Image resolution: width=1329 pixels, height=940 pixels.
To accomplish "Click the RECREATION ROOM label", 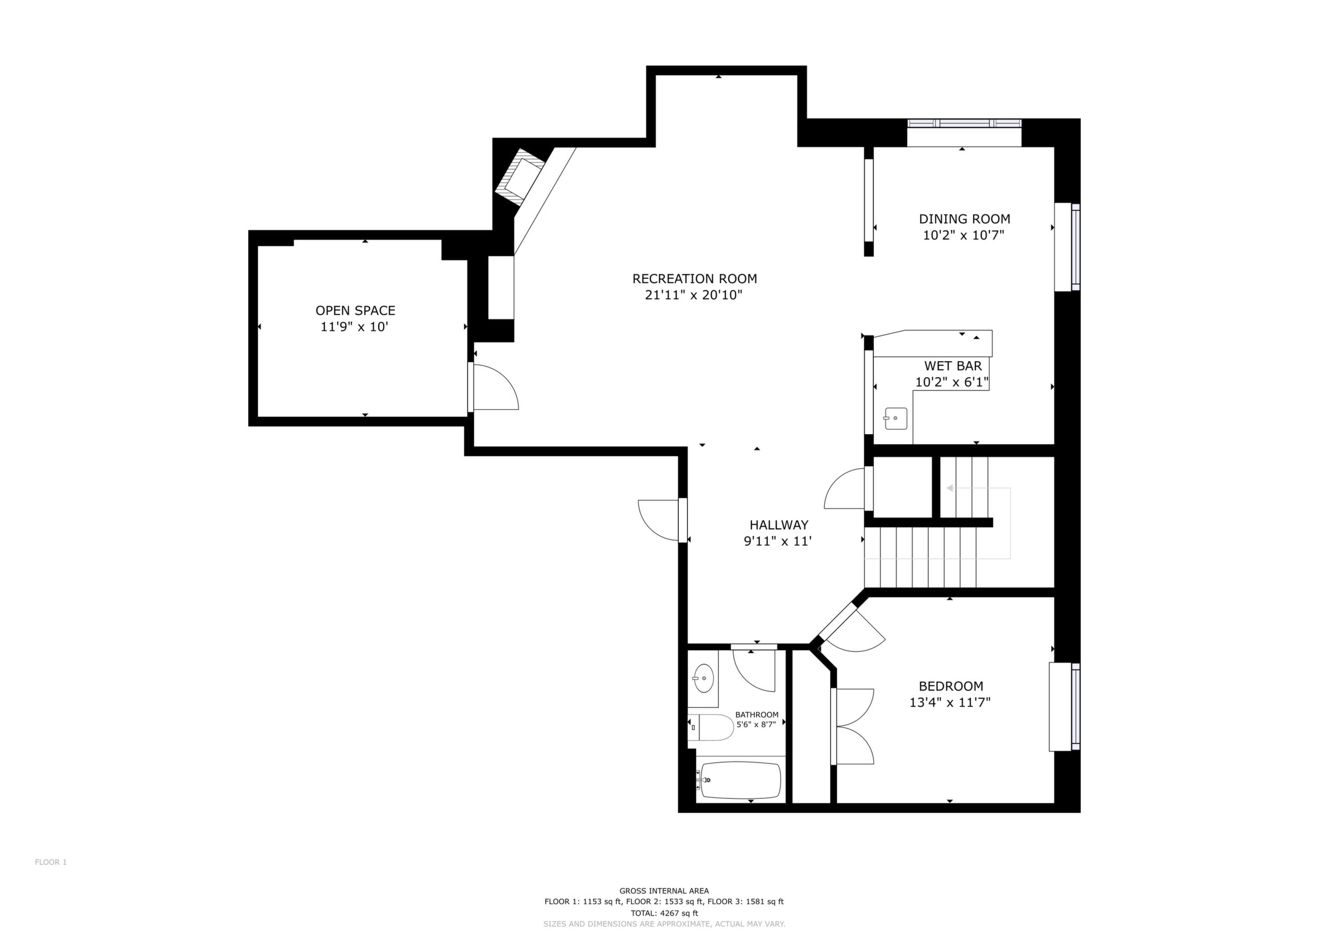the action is coord(695,279).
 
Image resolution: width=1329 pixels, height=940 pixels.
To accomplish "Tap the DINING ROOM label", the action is coord(965,219).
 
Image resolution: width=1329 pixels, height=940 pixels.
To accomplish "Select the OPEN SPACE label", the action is coord(355,311).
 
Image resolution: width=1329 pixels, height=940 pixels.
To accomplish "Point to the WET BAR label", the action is coord(953,366).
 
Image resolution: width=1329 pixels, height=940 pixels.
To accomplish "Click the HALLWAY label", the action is coord(779,525).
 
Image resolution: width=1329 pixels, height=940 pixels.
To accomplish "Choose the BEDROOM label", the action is coord(951,686).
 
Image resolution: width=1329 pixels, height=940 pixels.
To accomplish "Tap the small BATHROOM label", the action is coord(757,715).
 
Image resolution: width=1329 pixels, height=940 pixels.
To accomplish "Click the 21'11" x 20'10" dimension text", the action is coord(694,295).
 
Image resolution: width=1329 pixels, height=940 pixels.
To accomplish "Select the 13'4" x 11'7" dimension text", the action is coord(950,702).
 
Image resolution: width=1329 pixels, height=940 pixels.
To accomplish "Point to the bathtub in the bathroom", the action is coord(741,780).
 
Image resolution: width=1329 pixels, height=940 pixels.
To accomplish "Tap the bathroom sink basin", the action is coord(703,679).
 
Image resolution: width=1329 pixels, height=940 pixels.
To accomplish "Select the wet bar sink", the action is coord(895,418).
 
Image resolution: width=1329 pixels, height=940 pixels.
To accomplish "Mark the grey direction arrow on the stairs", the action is coord(978,522).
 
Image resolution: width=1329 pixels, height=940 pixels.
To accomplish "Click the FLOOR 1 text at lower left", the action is coord(51,862).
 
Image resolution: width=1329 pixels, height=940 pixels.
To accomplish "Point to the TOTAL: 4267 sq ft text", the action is coord(665,913).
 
